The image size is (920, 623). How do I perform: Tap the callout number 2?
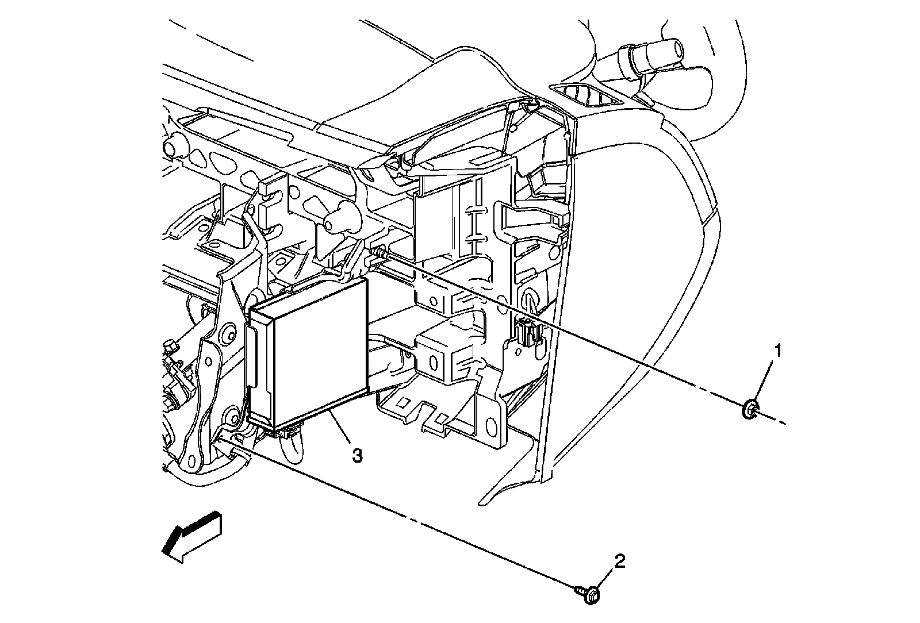click(619, 561)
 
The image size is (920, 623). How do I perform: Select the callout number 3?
click(356, 456)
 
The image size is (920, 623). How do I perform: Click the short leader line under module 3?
click(339, 425)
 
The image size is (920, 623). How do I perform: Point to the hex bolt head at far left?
click(170, 347)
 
